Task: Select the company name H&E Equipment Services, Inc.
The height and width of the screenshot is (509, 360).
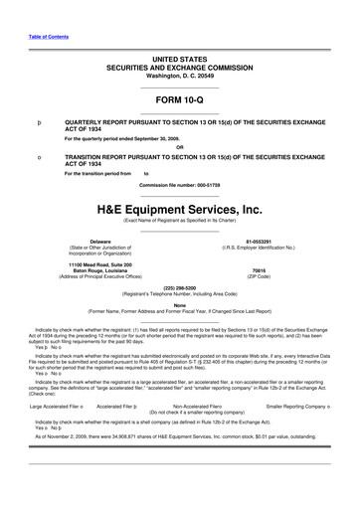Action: click(180, 210)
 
